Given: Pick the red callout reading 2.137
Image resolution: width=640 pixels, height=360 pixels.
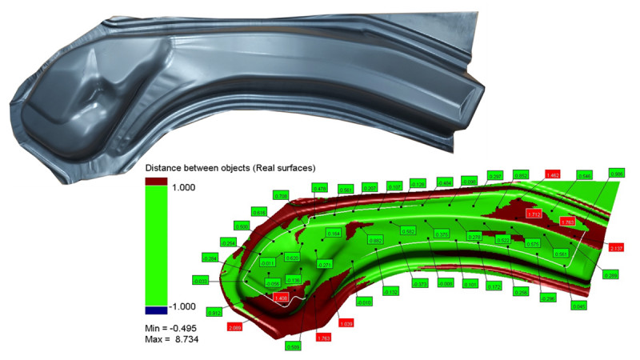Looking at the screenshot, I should pos(616,249).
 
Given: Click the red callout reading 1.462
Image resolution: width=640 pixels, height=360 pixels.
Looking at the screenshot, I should pos(551,174).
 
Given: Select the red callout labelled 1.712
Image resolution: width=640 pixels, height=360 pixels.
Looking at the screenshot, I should pos(534,214).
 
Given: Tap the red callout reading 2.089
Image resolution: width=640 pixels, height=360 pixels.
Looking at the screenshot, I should pos(235,328).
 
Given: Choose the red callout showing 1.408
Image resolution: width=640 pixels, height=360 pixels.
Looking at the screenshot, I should pos(281,298).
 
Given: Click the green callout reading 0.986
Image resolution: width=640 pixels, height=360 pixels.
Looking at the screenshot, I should pos(616,174).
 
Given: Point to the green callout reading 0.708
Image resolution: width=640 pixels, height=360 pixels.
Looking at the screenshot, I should pos(281,195).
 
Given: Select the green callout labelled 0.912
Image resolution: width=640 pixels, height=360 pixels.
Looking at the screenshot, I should pos(214,311).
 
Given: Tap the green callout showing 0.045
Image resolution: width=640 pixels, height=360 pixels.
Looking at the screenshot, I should pos(579,305).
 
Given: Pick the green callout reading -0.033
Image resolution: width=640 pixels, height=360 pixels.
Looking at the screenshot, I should pos(201,280).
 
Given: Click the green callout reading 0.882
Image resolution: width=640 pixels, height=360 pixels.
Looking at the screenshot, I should pos(374,240).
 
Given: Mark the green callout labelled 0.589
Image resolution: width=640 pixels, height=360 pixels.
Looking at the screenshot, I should pos(293,346).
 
